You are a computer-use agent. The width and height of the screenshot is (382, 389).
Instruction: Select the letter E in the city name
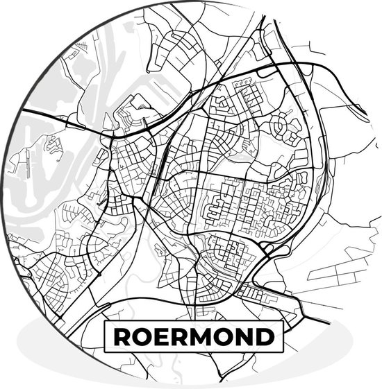click(x=161, y=338)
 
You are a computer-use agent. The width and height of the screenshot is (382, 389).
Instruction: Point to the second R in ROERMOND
click(x=180, y=338)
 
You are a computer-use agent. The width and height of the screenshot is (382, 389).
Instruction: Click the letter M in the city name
click(x=202, y=338)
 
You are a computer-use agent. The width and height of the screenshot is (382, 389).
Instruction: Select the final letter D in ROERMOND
click(x=265, y=338)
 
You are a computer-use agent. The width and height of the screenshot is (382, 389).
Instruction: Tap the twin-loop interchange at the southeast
click(x=266, y=248)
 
